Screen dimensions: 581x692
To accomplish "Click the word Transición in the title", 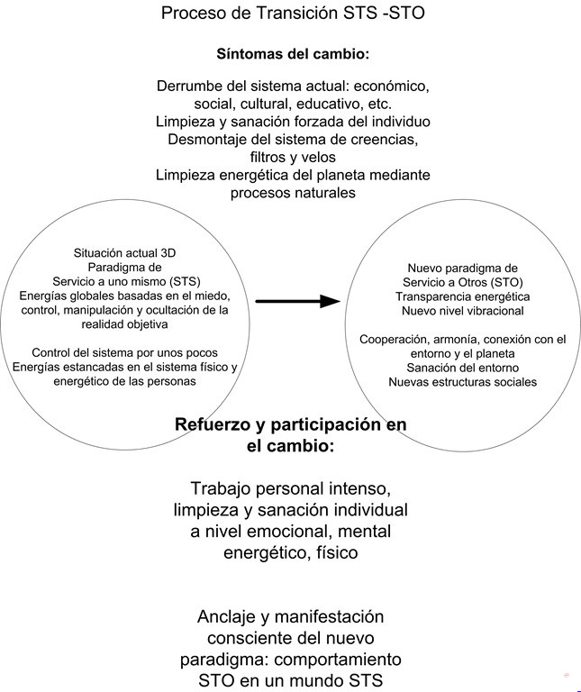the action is (297, 13).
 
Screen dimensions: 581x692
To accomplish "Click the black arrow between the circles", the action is (298, 302).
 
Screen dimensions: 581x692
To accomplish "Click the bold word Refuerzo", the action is (212, 424).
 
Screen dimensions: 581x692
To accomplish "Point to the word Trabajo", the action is (221, 489).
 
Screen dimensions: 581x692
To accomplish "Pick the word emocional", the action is (288, 532).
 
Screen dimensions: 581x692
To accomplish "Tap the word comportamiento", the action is (338, 660).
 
